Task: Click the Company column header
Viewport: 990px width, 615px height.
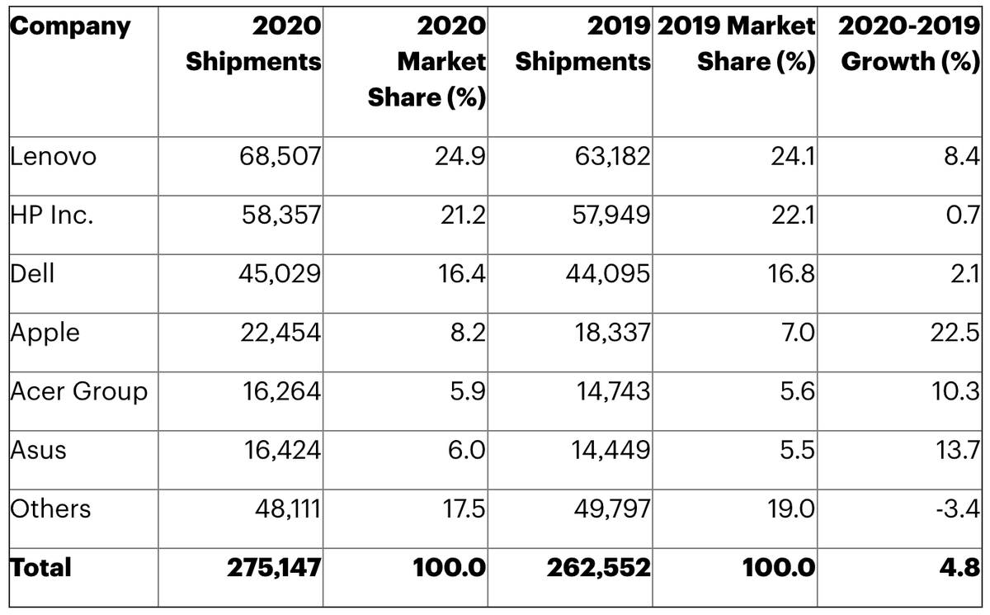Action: click(70, 27)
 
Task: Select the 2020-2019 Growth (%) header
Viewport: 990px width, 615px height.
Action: click(909, 44)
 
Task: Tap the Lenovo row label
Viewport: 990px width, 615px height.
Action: click(53, 157)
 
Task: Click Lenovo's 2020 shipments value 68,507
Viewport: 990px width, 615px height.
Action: click(280, 157)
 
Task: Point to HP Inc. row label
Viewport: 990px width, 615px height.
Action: click(52, 215)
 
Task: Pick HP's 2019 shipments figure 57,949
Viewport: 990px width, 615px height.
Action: click(611, 215)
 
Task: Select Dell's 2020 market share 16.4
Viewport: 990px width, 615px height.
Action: click(461, 274)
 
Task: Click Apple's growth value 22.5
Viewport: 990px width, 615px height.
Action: click(955, 333)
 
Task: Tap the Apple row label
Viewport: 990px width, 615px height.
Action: click(45, 334)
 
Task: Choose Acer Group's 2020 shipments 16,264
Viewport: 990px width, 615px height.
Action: click(281, 392)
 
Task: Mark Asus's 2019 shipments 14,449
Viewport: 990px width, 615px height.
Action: click(610, 451)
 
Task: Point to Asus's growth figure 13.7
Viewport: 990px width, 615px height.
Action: click(958, 451)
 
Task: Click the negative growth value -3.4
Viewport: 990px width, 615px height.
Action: click(958, 509)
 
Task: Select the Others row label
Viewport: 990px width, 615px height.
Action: click(50, 509)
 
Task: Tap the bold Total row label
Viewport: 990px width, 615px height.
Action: click(40, 568)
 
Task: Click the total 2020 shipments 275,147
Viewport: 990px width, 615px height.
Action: click(274, 568)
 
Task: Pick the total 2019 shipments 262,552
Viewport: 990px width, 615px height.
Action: click(599, 568)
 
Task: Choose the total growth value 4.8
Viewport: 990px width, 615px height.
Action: click(960, 568)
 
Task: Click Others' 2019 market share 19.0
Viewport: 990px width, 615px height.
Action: click(790, 509)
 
